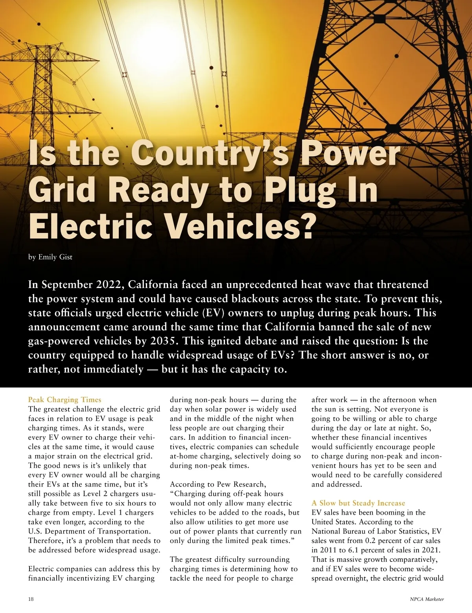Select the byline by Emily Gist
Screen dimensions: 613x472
[x=50, y=257]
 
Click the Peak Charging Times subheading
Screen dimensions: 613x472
[x=65, y=400]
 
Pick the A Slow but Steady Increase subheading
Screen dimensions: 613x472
[x=358, y=503]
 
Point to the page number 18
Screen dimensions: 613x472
[x=31, y=599]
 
